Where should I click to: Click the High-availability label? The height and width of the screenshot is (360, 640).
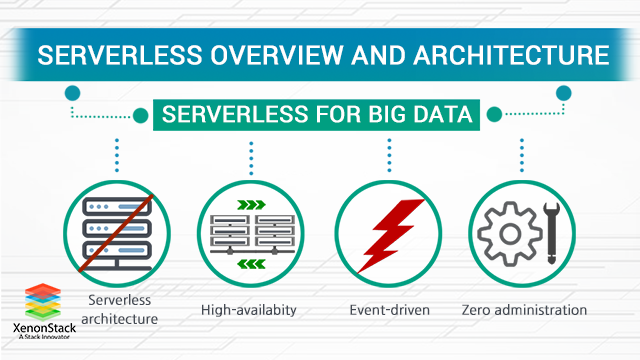click(249, 310)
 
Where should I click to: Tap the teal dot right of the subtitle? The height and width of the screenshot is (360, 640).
click(564, 93)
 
